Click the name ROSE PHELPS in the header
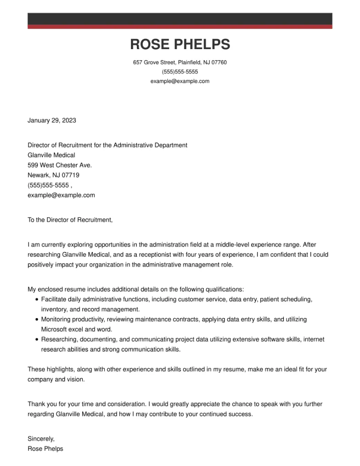point(180,45)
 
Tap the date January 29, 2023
point(52,121)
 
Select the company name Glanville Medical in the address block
point(51,155)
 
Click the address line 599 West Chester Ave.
point(60,165)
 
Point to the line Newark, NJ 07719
point(53,175)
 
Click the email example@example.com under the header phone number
point(180,81)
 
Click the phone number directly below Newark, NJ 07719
point(48,185)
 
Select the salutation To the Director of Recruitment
point(70,220)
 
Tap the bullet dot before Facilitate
point(37,299)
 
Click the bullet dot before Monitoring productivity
point(37,320)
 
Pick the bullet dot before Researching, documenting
point(37,340)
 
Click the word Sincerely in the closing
point(40,439)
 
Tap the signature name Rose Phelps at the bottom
point(45,449)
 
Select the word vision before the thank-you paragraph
point(75,380)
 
